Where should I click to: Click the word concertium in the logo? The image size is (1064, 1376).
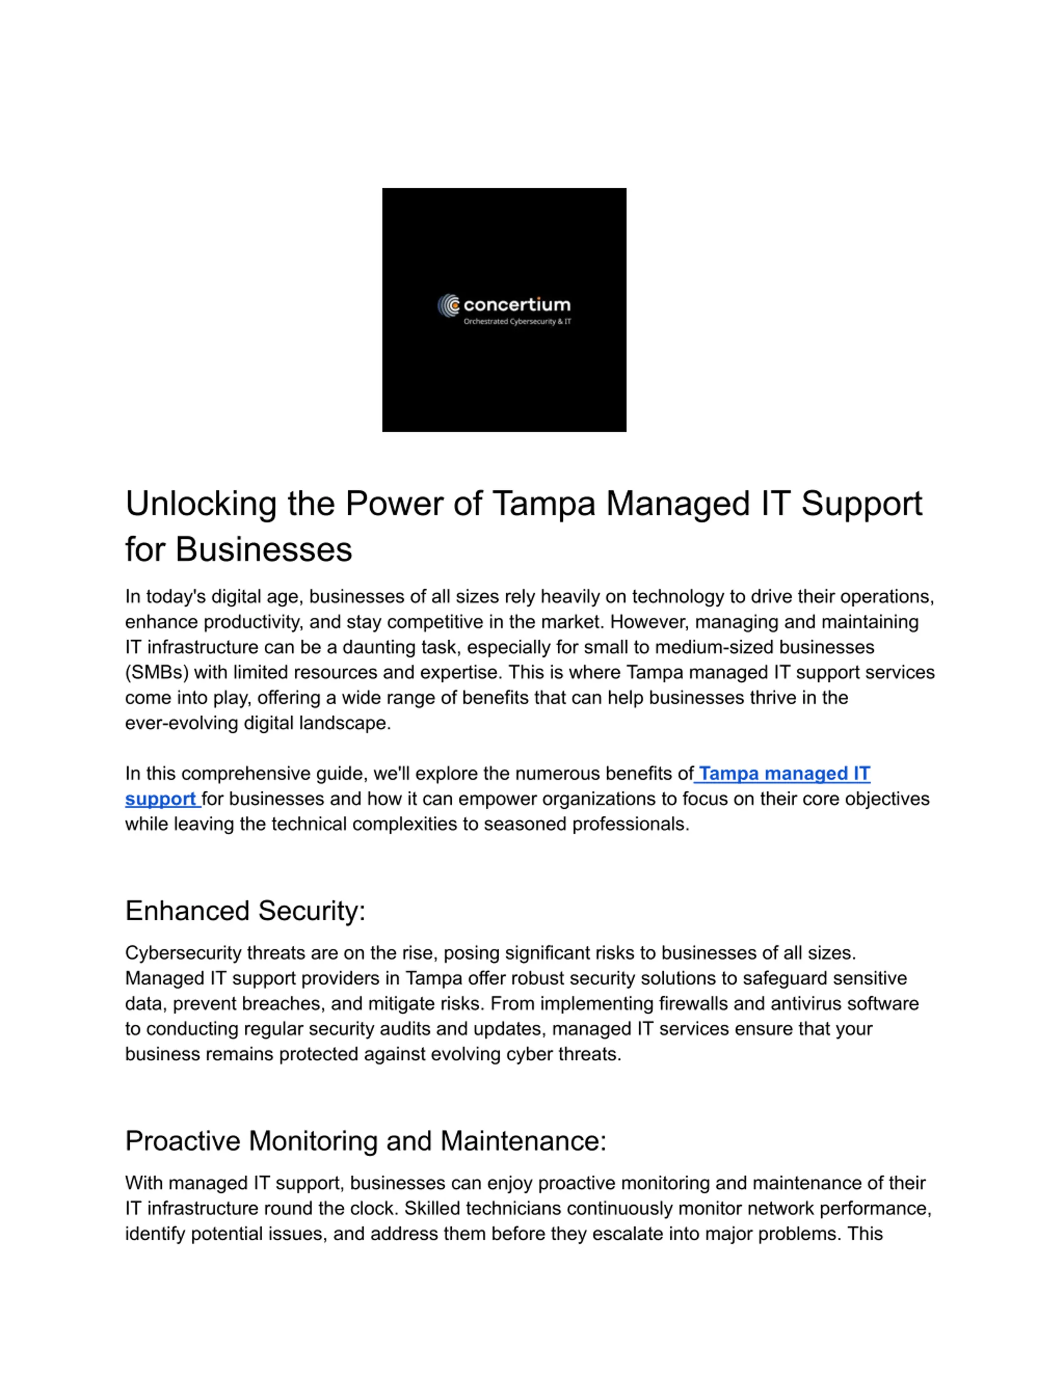tap(517, 305)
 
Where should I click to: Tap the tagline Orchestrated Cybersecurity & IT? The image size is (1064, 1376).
tap(517, 321)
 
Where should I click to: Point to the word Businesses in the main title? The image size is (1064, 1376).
tap(264, 549)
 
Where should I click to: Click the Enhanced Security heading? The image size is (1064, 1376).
tap(245, 911)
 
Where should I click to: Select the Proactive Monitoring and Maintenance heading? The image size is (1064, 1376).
tap(366, 1141)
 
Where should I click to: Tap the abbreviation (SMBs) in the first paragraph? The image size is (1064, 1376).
tap(157, 672)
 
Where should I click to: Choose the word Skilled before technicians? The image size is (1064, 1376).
tap(432, 1208)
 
